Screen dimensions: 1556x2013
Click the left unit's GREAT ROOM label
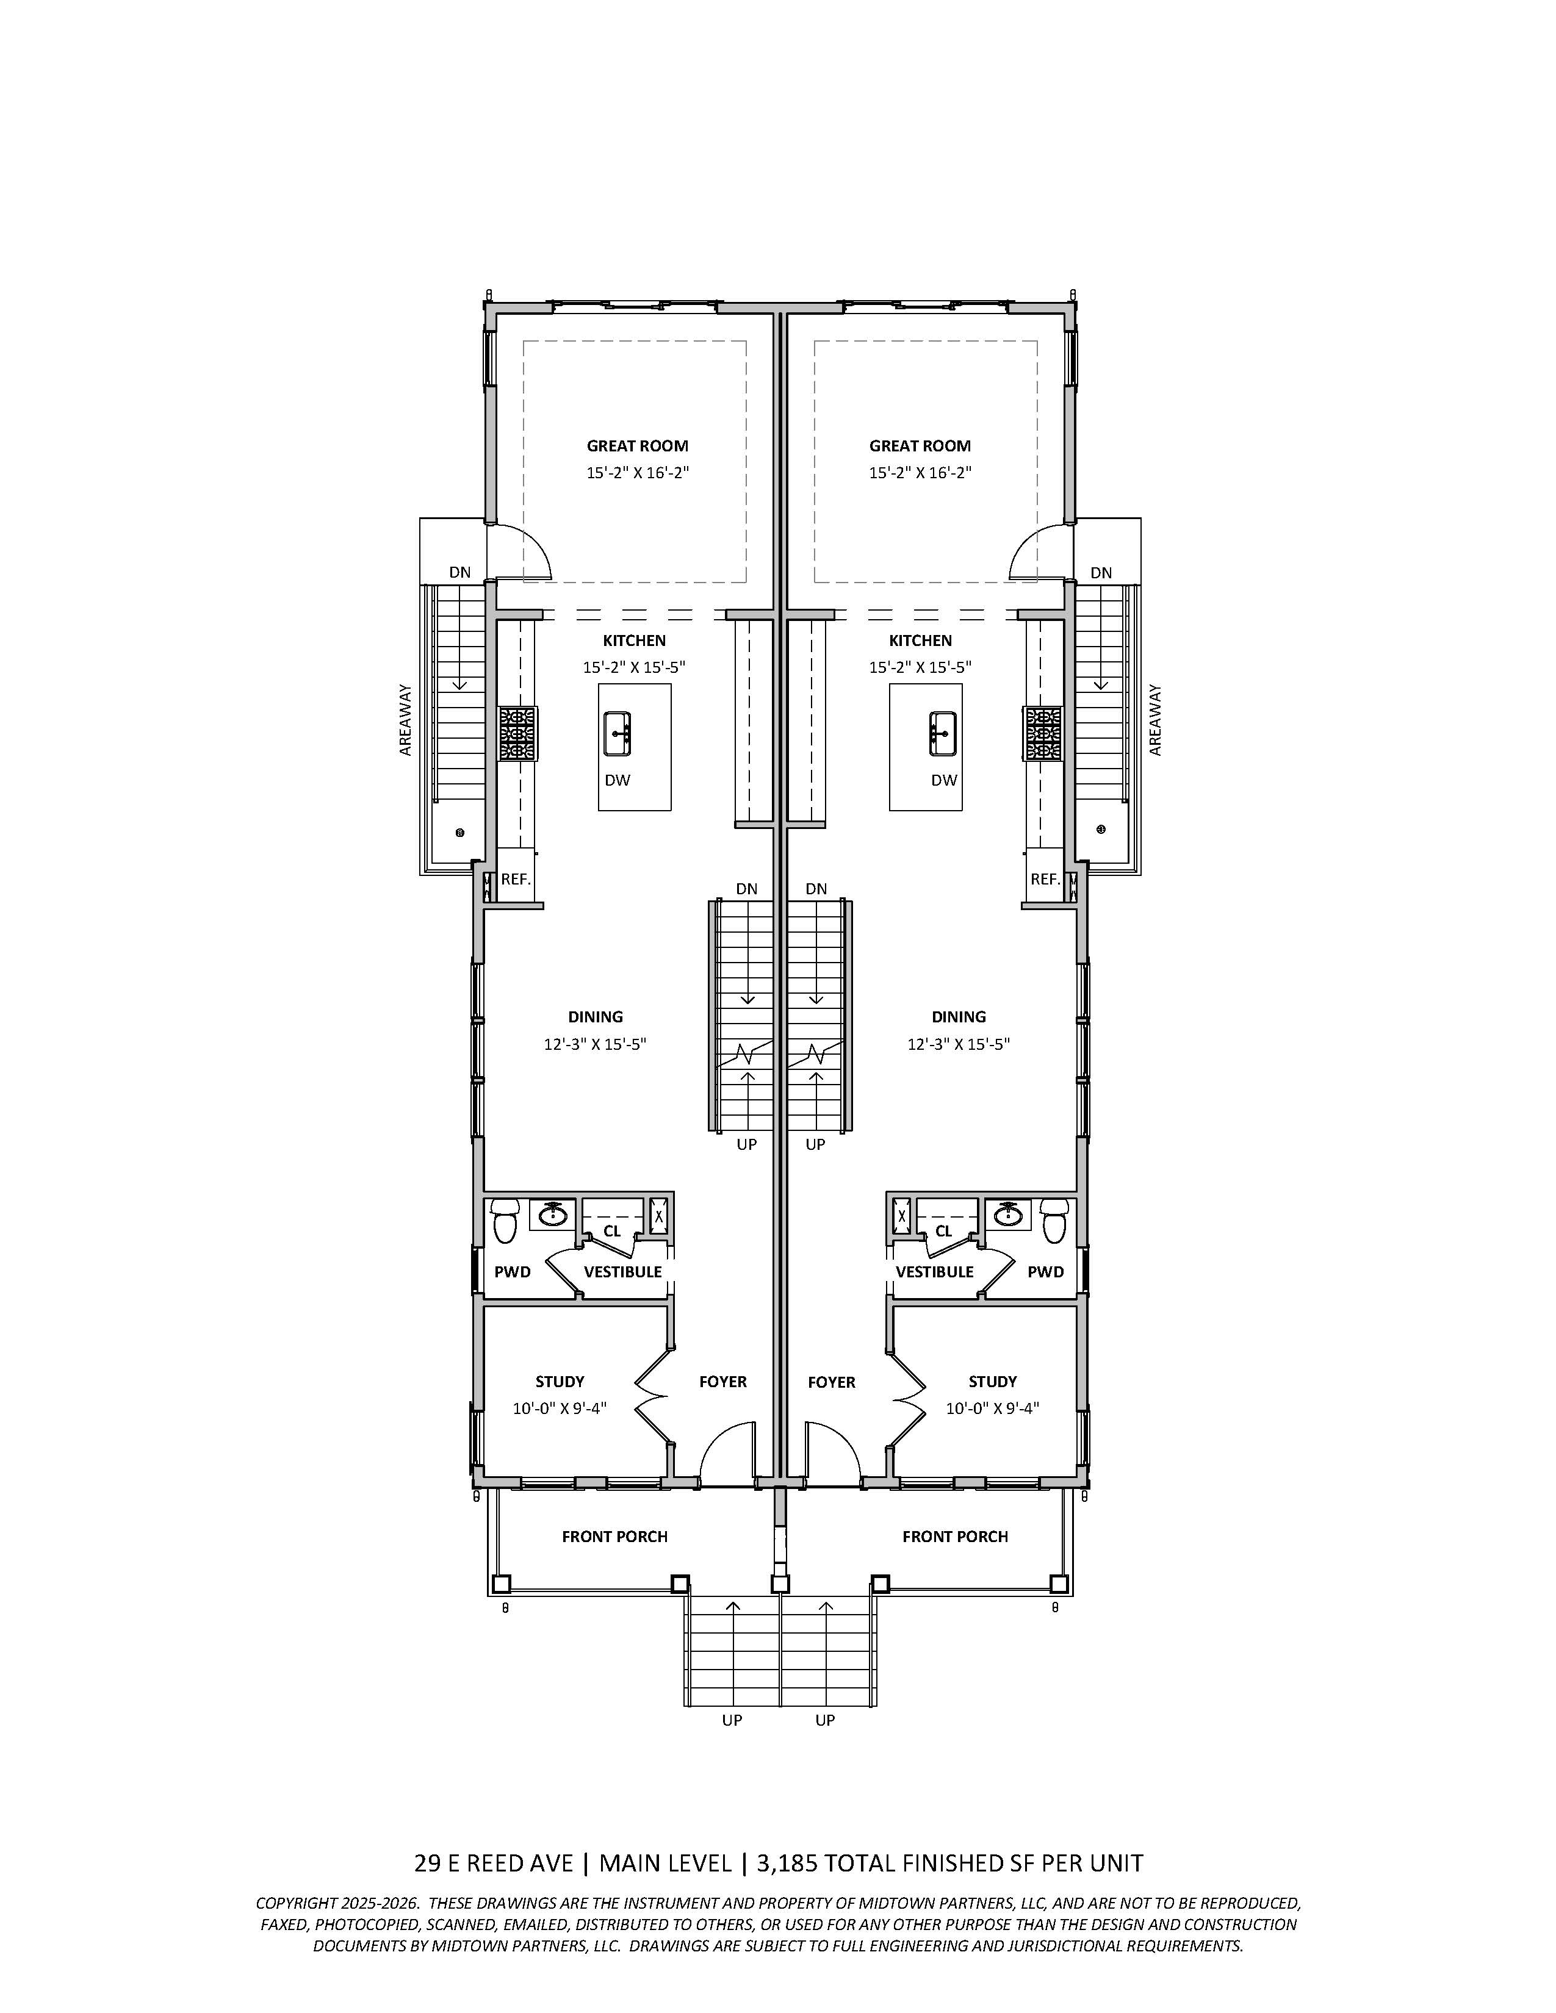(x=637, y=446)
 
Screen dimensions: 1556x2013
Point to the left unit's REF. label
(x=515, y=879)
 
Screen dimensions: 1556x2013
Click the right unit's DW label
(x=944, y=780)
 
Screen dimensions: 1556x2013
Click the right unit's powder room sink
(x=1009, y=1215)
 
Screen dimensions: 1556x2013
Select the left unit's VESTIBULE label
(x=622, y=1272)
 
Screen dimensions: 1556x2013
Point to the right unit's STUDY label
(x=992, y=1382)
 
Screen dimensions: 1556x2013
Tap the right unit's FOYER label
(x=832, y=1382)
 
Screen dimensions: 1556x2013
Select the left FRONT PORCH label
(x=615, y=1537)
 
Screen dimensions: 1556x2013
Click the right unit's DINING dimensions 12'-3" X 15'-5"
(x=959, y=1044)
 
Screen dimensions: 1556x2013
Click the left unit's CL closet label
(x=612, y=1232)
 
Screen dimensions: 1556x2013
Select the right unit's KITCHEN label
(x=920, y=640)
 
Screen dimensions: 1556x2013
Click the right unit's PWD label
(x=1045, y=1272)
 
